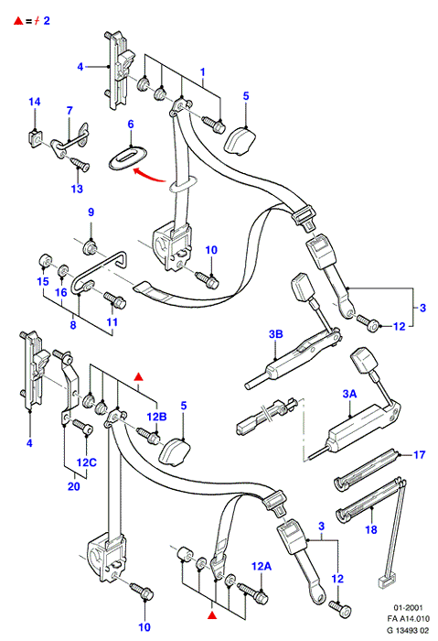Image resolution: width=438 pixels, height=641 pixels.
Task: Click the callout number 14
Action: pyautogui.click(x=35, y=102)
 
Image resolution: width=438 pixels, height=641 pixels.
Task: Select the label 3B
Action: pyautogui.click(x=276, y=334)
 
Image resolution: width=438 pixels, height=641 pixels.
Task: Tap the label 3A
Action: pyautogui.click(x=349, y=394)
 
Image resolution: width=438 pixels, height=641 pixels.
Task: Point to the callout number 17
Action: pyautogui.click(x=419, y=454)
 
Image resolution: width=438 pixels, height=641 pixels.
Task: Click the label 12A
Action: pyautogui.click(x=262, y=566)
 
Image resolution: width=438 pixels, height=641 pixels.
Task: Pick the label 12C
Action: pyautogui.click(x=87, y=462)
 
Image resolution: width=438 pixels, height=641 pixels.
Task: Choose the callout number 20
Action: pyautogui.click(x=74, y=486)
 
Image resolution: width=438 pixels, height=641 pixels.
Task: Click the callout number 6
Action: pyautogui.click(x=131, y=124)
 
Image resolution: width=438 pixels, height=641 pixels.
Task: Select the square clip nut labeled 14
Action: pyautogui.click(x=34, y=138)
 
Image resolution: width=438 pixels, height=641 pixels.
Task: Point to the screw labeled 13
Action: pyautogui.click(x=80, y=164)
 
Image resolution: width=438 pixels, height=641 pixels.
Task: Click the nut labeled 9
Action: pyautogui.click(x=90, y=248)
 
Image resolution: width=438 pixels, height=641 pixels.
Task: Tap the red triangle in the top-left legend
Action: pyautogui.click(x=18, y=20)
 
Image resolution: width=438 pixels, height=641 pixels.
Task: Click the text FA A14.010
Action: pyautogui.click(x=408, y=619)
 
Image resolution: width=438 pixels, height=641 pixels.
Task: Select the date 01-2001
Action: pyautogui.click(x=408, y=608)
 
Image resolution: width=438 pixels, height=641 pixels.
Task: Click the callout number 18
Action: pyautogui.click(x=370, y=530)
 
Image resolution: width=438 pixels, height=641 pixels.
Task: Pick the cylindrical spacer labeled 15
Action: pyautogui.click(x=44, y=260)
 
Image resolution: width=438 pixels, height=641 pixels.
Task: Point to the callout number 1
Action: pyautogui.click(x=203, y=72)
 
